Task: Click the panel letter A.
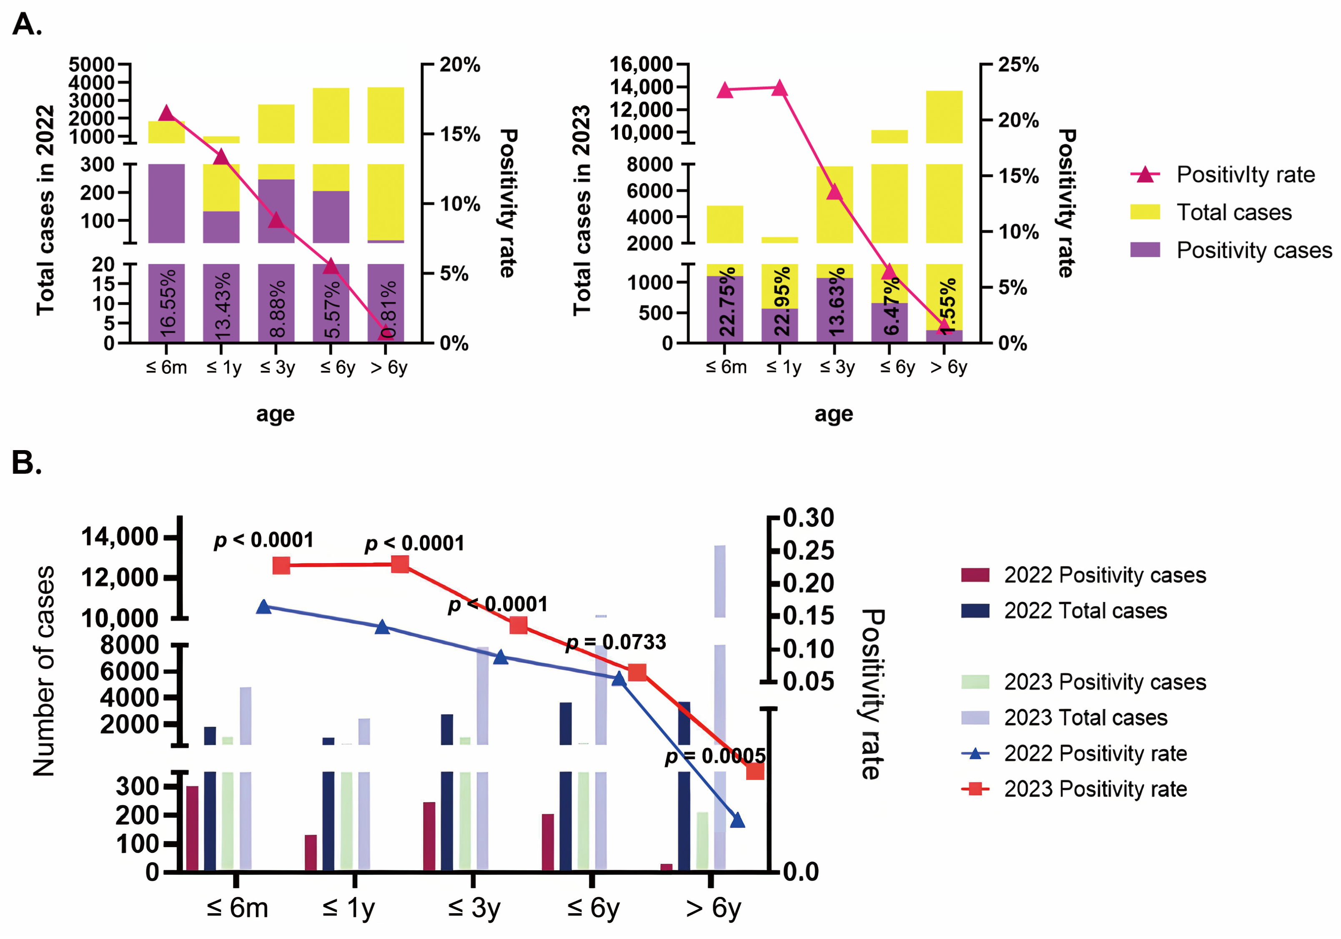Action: (x=26, y=25)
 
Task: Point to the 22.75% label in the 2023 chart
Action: (x=726, y=302)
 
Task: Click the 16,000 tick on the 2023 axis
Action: (x=641, y=64)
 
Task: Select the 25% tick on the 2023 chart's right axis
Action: (x=1018, y=64)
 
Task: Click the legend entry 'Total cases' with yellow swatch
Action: (x=1233, y=212)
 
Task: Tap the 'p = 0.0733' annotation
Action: (x=616, y=642)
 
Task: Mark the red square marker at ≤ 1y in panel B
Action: (x=400, y=564)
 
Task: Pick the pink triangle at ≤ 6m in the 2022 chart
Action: (x=166, y=113)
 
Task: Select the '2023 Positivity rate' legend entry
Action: (x=1095, y=789)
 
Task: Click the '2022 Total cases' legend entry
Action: (x=1085, y=611)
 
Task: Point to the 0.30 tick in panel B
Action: (x=808, y=518)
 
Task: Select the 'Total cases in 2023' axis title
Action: (x=582, y=210)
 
